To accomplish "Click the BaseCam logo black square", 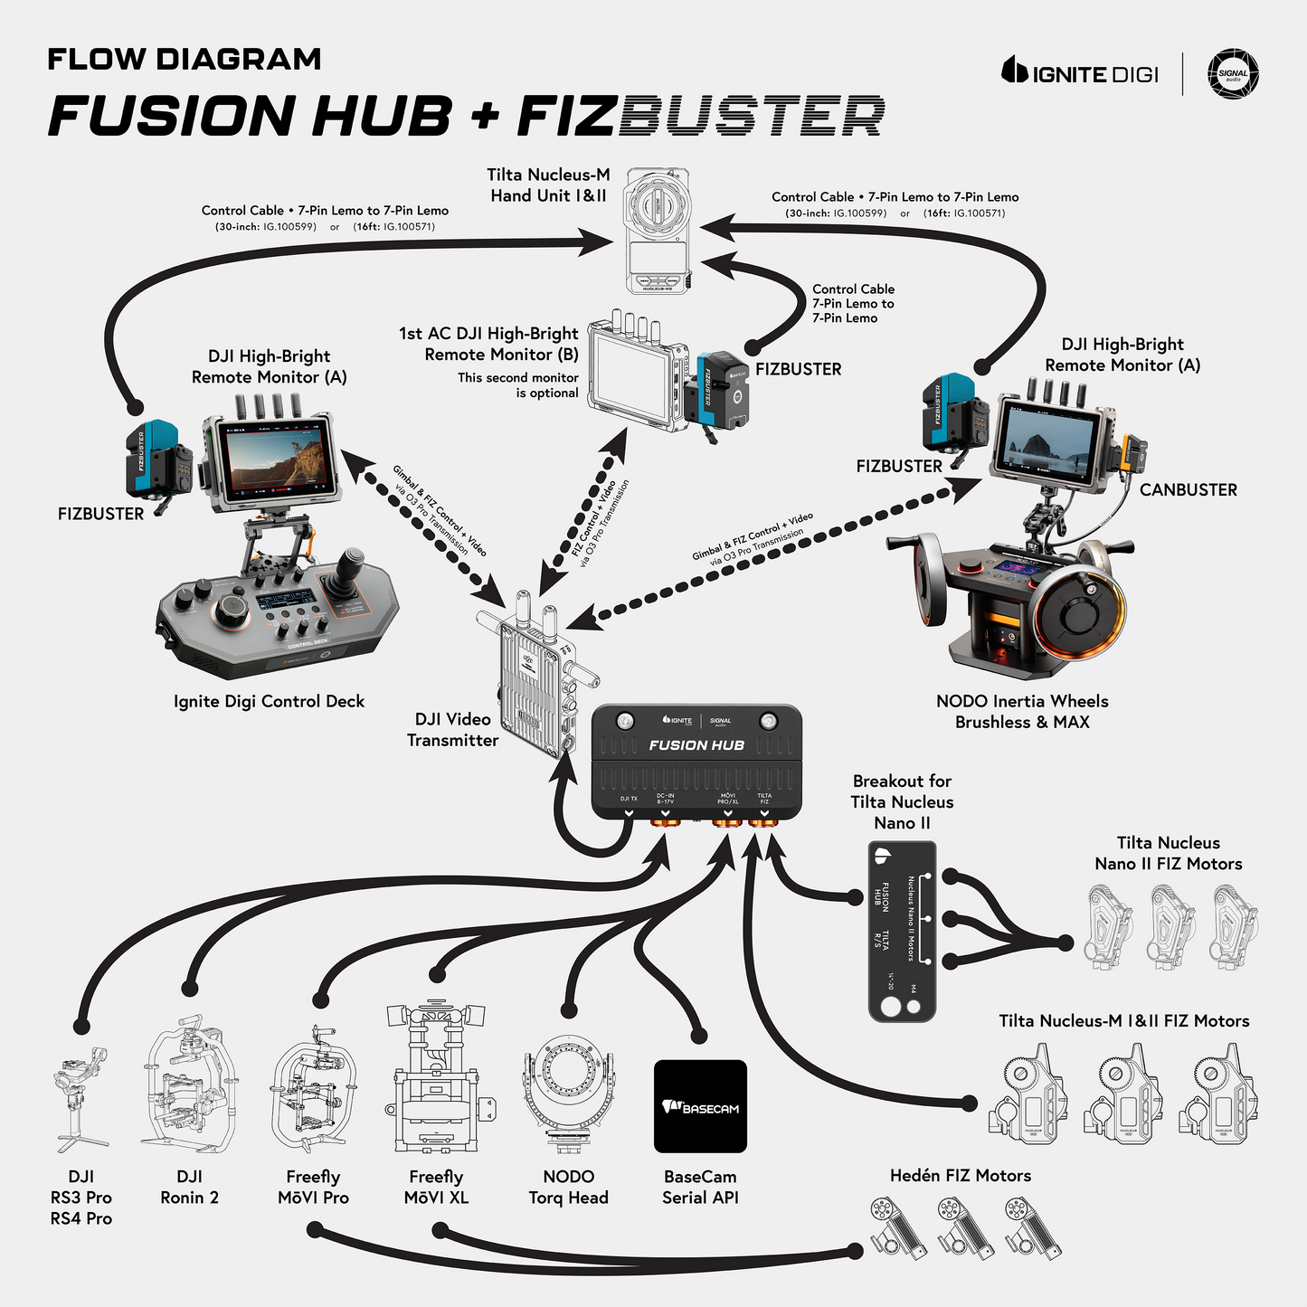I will point(700,1106).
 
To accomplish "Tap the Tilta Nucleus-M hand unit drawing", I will point(658,230).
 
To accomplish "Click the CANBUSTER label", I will point(1188,490).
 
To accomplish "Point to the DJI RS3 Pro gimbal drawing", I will point(82,1098).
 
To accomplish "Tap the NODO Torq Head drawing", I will point(569,1094).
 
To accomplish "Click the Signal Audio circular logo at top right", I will point(1233,74).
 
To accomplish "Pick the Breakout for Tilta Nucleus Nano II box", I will point(902,931).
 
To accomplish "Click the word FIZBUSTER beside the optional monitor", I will point(798,370).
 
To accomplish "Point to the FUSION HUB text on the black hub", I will point(696,745).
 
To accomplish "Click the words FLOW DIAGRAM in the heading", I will point(185,60).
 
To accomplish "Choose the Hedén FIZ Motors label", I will point(960,1176).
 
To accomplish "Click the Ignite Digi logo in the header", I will point(1079,72).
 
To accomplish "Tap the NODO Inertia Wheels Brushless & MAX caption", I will point(1022,712).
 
